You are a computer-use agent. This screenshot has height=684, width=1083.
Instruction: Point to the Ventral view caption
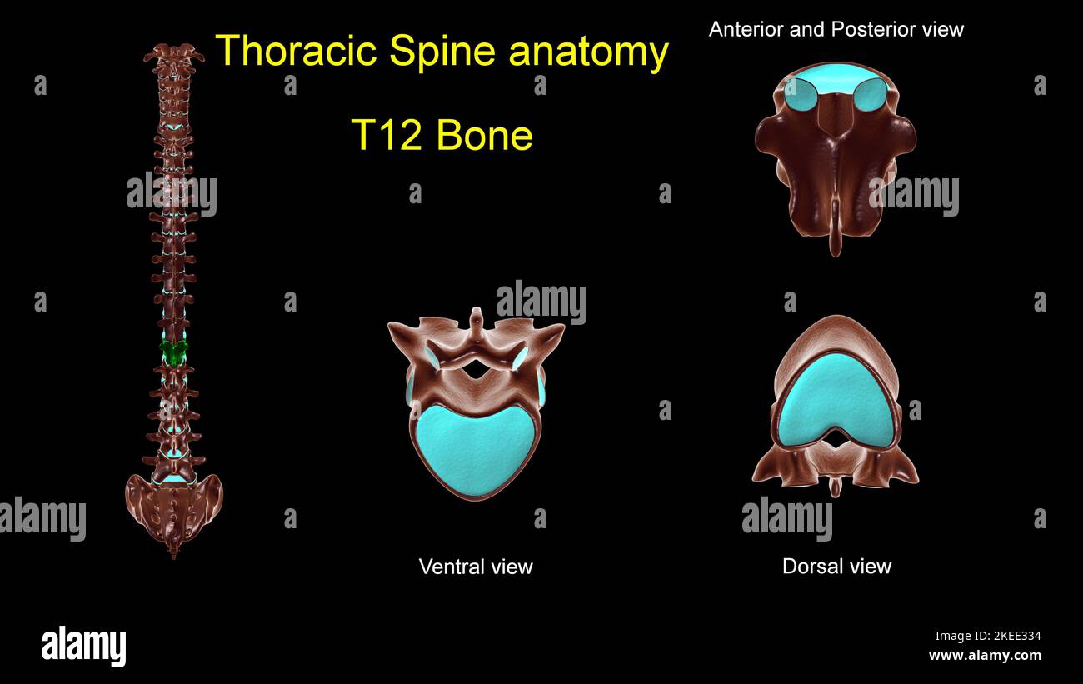point(475,567)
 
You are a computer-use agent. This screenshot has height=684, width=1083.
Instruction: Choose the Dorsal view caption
point(836,567)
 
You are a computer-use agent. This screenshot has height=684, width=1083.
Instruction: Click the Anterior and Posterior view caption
point(836,29)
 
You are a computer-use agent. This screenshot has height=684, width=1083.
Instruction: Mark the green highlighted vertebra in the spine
point(174,352)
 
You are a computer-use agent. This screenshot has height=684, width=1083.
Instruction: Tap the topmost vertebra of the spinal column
point(173,57)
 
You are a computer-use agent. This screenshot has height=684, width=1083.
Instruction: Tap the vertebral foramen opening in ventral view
point(476,370)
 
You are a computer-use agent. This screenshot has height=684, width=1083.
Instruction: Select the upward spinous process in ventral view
point(476,320)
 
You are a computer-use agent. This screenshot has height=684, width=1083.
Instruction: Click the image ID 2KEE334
point(987,636)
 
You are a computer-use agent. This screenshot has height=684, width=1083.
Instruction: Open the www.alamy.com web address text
point(985,656)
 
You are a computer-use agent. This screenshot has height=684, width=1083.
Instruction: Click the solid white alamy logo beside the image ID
point(83,647)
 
